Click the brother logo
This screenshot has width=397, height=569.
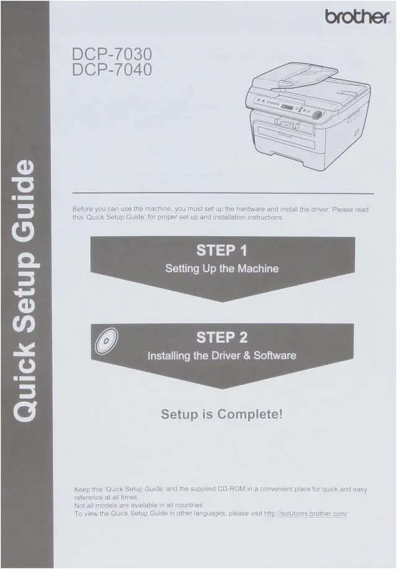[x=357, y=17]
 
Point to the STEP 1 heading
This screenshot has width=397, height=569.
[x=221, y=252]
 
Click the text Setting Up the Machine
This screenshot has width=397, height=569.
[x=221, y=270]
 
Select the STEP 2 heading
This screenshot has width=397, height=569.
[x=221, y=338]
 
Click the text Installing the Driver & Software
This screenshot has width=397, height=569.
[x=221, y=356]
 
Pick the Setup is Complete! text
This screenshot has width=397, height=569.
[x=221, y=414]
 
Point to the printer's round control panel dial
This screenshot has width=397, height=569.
[x=318, y=114]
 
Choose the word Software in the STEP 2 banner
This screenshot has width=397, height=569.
[x=275, y=356]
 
